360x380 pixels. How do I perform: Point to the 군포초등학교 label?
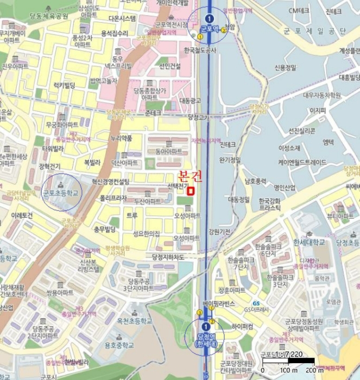tap(61, 193)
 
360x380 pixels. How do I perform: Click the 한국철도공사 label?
tap(200, 50)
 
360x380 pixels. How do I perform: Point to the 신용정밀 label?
tap(285, 68)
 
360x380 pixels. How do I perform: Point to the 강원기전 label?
tap(219, 231)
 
